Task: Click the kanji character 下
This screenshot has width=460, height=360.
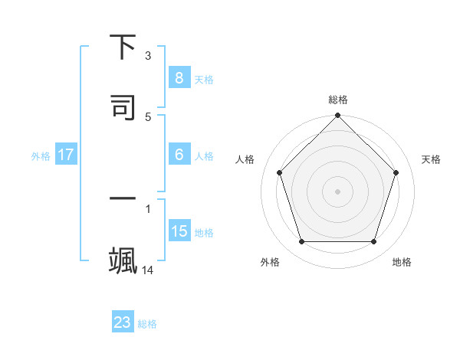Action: point(123,47)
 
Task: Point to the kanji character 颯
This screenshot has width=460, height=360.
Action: point(123,258)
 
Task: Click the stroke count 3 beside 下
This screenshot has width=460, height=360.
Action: point(148,56)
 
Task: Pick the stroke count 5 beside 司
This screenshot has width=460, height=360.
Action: point(148,116)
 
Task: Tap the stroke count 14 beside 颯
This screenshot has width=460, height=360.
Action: point(148,270)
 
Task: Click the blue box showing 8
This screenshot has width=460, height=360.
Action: point(179,77)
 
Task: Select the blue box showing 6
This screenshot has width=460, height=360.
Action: point(179,155)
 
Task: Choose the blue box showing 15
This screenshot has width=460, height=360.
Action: point(179,231)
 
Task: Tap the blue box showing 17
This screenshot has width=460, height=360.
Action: point(66,155)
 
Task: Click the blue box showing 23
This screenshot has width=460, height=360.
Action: point(123,322)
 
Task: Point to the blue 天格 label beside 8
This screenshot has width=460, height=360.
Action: point(204,79)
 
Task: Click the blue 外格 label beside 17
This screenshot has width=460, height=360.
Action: point(41,156)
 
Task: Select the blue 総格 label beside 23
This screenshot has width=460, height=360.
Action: point(147,324)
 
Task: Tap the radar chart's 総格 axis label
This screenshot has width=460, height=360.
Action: point(338,100)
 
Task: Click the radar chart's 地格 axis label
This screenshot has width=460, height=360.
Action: point(402,262)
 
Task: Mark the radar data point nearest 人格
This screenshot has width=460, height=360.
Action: point(279,172)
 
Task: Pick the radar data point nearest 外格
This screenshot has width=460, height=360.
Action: point(301,242)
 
